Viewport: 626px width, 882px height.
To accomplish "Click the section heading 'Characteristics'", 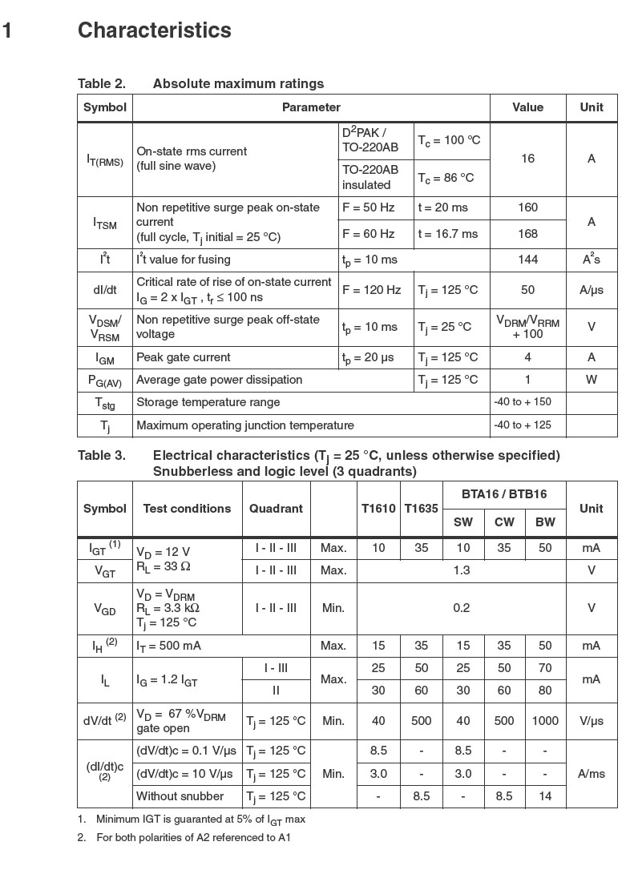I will coord(154,30).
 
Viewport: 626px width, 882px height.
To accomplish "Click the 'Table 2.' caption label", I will coord(101,83).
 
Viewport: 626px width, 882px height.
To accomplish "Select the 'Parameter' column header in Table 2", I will coord(311,107).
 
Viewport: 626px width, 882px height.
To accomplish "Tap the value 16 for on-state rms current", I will coord(527,159).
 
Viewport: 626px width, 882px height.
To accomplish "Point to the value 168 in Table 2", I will coord(527,234).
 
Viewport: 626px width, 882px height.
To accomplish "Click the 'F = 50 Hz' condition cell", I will coord(369,207).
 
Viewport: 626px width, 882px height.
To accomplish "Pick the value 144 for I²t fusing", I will coord(527,260).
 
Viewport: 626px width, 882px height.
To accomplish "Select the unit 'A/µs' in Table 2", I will coord(592,290).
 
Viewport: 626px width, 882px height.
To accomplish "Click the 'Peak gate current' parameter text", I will coord(184,357).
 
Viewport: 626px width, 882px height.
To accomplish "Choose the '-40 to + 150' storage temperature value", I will coord(523,402).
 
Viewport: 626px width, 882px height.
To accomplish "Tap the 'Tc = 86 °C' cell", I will coord(446,178).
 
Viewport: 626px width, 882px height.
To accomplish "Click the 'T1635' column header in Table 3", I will coord(421,509).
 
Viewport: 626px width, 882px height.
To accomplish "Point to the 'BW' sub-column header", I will coord(545,522).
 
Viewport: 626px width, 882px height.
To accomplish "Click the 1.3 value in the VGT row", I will coord(462,570).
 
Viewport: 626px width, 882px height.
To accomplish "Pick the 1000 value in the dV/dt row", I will coord(545,721).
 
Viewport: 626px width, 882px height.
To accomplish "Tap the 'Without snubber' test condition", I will coord(180,796).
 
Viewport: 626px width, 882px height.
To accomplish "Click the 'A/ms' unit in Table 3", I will coord(592,774).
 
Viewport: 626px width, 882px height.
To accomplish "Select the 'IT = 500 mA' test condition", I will coord(171,646).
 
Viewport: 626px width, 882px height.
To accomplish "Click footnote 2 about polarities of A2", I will coord(188,838).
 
